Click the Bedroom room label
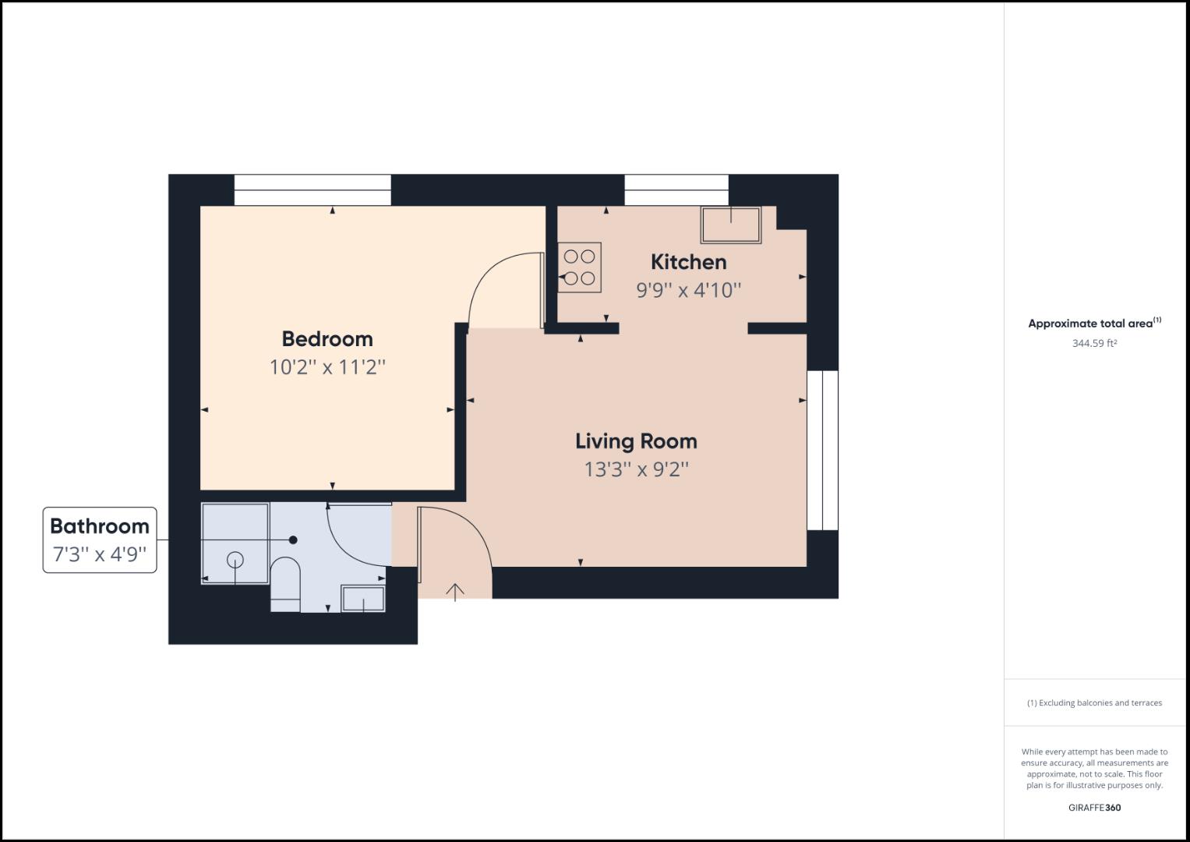click(x=327, y=339)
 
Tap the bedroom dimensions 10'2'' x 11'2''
click(x=327, y=367)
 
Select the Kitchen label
click(x=688, y=262)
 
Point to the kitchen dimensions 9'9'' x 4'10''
click(x=688, y=290)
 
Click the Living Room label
click(x=636, y=441)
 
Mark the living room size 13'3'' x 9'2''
click(x=636, y=469)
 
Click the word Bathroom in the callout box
click(x=99, y=526)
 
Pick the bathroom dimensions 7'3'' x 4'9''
click(x=99, y=555)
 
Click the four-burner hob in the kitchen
click(x=579, y=267)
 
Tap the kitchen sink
click(x=730, y=225)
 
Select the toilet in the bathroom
click(x=285, y=583)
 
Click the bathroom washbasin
click(x=363, y=599)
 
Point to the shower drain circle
click(x=235, y=560)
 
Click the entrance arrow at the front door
click(x=455, y=592)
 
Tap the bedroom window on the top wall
click(x=313, y=190)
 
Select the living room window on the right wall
click(x=822, y=451)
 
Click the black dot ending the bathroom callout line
click(x=293, y=540)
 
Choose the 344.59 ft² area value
click(x=1094, y=343)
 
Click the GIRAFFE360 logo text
click(x=1094, y=808)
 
